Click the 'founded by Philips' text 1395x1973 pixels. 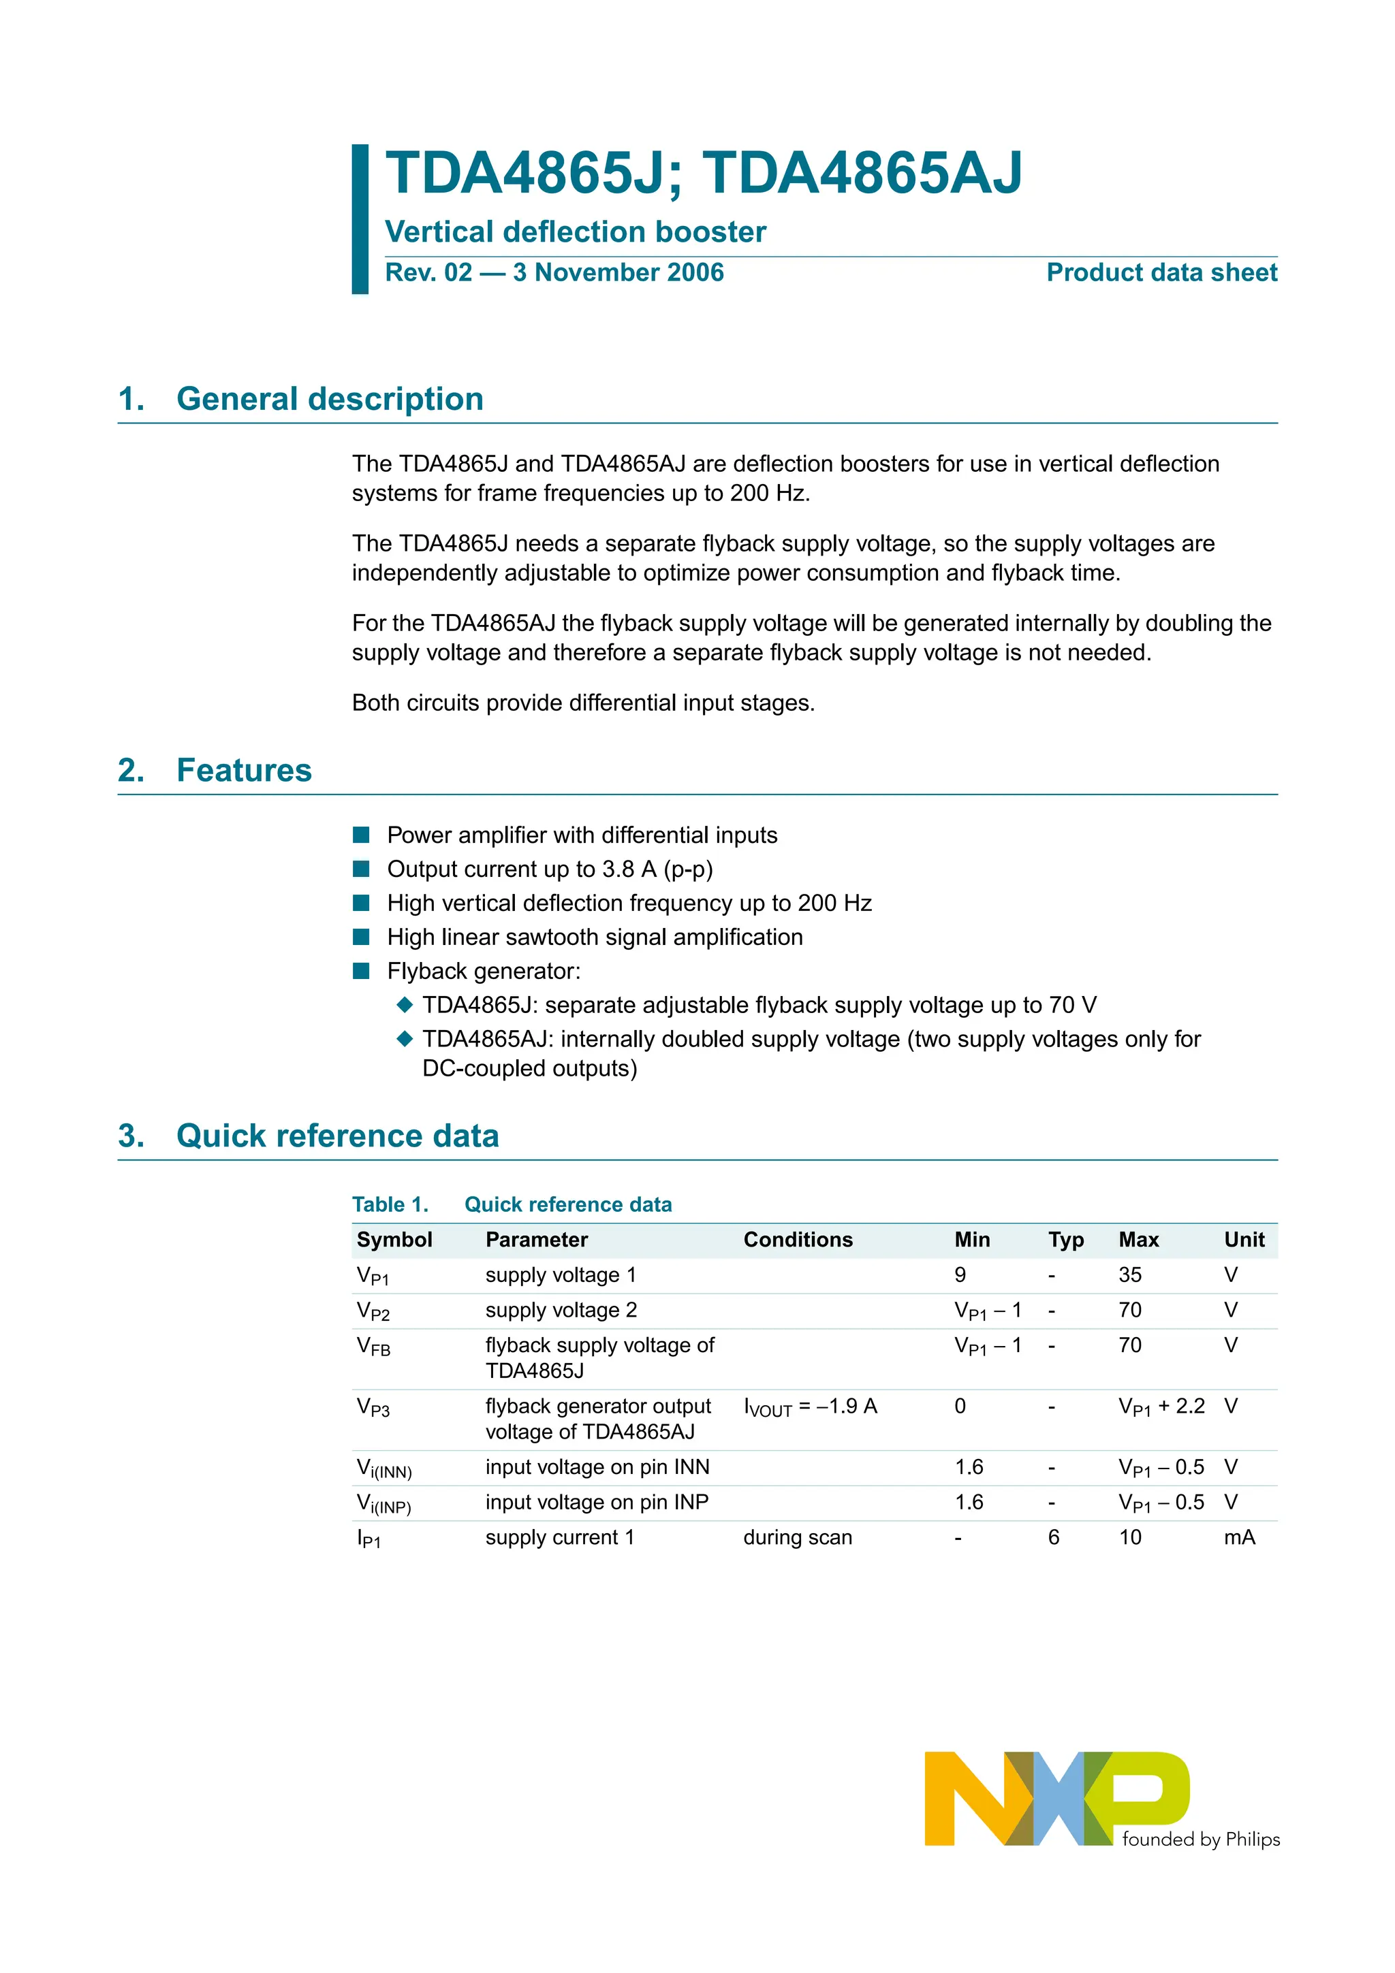(x=1201, y=1840)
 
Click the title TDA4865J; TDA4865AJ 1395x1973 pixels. (x=703, y=174)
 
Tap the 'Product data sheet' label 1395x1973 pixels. (x=1161, y=272)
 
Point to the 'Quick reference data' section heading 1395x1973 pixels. (x=337, y=1136)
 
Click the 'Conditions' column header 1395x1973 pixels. (x=798, y=1239)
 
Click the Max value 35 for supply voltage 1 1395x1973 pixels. (x=1129, y=1274)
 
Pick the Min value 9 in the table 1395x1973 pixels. (x=960, y=1274)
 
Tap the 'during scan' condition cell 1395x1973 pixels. (x=797, y=1537)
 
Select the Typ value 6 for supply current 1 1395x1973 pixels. (x=1053, y=1537)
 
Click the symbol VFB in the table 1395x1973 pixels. (x=373, y=1347)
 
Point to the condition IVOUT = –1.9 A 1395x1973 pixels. (x=810, y=1407)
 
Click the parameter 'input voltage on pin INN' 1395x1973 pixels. (x=597, y=1467)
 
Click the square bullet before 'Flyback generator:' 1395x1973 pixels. (x=361, y=971)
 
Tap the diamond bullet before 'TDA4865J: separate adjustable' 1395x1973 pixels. (x=405, y=1005)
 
